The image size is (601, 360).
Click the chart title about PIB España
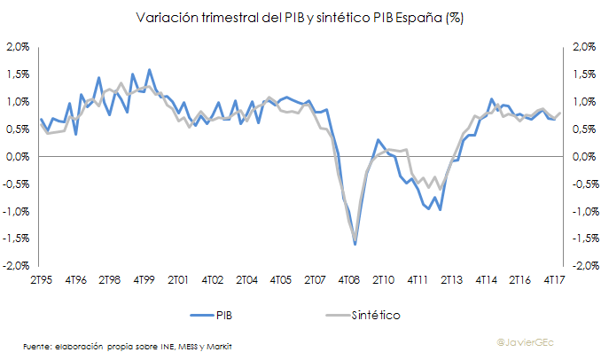coord(300,17)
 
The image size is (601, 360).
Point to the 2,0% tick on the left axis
coord(18,47)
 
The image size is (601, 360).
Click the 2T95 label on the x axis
coord(40,280)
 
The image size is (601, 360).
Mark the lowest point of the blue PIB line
coord(355,243)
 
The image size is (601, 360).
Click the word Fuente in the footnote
coord(37,345)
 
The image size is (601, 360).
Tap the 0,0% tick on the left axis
coord(19,157)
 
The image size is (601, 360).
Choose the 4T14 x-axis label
coord(486,280)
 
